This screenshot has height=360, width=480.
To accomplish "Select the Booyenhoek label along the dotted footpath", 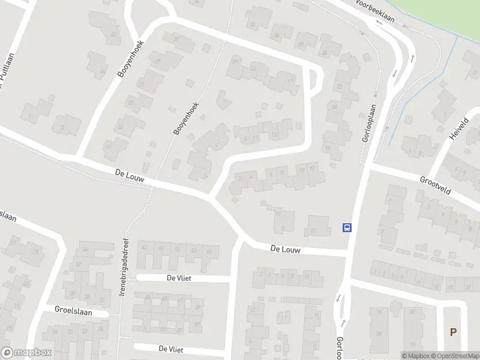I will [x=185, y=118].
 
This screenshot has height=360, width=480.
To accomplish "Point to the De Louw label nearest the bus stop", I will [x=284, y=248].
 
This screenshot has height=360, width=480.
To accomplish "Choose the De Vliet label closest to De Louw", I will [x=178, y=278].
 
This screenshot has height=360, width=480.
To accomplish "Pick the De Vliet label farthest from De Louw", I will [x=170, y=349].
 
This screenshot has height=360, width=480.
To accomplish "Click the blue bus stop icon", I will [x=347, y=227].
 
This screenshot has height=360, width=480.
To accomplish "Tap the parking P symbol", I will [x=453, y=332].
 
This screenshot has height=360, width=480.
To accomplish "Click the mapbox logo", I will [x=26, y=353].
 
